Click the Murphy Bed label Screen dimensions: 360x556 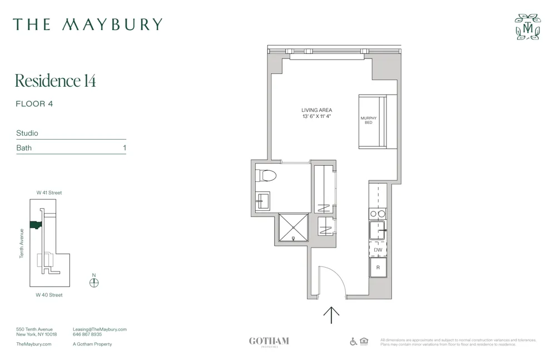(x=369, y=120)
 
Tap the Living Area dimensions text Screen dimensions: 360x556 (x=317, y=117)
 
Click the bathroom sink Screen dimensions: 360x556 (x=262, y=200)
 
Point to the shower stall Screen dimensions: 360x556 (x=292, y=228)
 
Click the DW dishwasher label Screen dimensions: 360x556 (x=378, y=250)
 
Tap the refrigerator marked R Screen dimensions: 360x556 (x=378, y=268)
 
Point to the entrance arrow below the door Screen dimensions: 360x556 (x=331, y=315)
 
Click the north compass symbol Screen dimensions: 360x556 (x=94, y=282)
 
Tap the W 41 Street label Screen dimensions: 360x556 (x=49, y=193)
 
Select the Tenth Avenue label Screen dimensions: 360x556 (x=22, y=243)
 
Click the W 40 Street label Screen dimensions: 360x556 (x=49, y=295)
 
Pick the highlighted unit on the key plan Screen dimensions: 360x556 (x=36, y=225)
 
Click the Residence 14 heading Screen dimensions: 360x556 (x=56, y=81)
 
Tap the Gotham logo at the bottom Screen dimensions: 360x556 (x=269, y=342)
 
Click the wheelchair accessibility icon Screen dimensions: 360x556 (x=354, y=341)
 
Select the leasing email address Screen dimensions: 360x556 (x=100, y=329)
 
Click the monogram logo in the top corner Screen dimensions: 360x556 (x=528, y=27)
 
